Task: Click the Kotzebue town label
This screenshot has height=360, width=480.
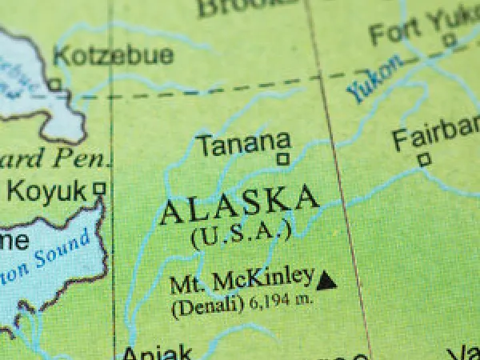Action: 113,55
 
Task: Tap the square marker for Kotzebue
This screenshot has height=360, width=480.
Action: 54,84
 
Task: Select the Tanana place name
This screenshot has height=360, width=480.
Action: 243,145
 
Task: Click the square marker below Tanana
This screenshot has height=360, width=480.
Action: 282,159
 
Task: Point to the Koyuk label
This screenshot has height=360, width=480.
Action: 46,191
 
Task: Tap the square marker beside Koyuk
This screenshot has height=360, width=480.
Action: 99,189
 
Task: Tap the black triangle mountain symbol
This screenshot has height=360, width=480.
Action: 326,280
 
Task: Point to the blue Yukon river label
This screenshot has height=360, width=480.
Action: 371,81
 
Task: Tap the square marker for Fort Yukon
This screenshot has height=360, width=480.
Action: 450,38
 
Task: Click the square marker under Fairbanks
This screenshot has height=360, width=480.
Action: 424,159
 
